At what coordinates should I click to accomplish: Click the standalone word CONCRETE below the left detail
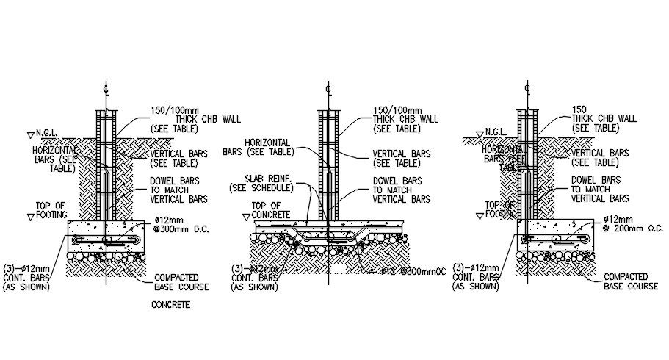[x=170, y=304]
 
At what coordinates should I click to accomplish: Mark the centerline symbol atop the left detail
[x=106, y=89]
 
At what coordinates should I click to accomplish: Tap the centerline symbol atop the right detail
[x=527, y=89]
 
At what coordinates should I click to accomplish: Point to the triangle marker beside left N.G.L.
[x=29, y=134]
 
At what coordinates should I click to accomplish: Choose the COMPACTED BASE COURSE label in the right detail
[x=631, y=281]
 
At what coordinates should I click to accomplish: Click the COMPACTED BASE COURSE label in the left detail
[x=181, y=282]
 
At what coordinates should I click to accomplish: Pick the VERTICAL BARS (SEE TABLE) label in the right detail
[x=600, y=157]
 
